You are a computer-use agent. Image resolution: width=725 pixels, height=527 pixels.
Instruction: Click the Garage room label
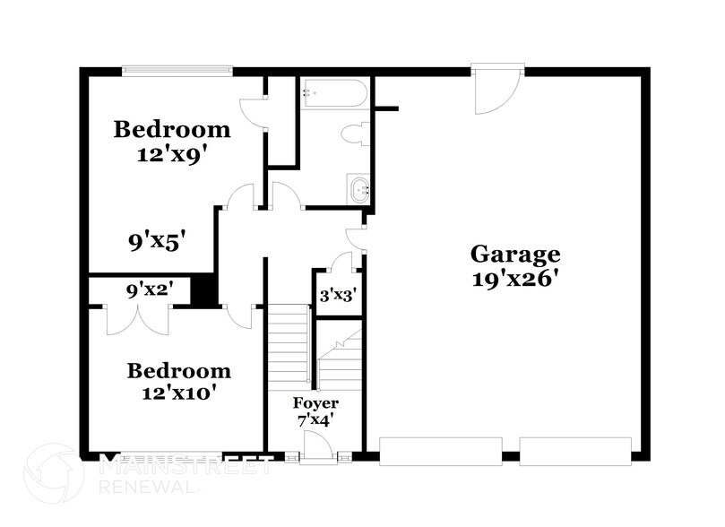click(515, 254)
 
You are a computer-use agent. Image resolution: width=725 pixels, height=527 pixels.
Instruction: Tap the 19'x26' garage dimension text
click(515, 278)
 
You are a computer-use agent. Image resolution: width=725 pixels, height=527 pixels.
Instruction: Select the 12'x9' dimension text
click(171, 153)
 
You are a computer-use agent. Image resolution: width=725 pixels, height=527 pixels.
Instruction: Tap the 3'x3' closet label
click(337, 293)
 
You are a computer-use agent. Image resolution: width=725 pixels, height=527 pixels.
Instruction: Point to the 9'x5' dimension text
click(156, 240)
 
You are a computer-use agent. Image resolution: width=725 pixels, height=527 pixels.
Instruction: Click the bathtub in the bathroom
click(333, 93)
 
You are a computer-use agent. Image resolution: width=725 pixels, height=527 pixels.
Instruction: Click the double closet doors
click(138, 321)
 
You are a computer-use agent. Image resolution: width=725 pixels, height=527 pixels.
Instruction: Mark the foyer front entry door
click(315, 447)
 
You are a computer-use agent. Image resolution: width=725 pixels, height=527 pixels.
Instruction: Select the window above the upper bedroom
click(177, 70)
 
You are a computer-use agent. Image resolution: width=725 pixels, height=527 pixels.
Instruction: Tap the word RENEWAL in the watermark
click(149, 488)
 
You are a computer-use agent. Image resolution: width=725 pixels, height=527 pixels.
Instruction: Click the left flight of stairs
click(289, 344)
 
